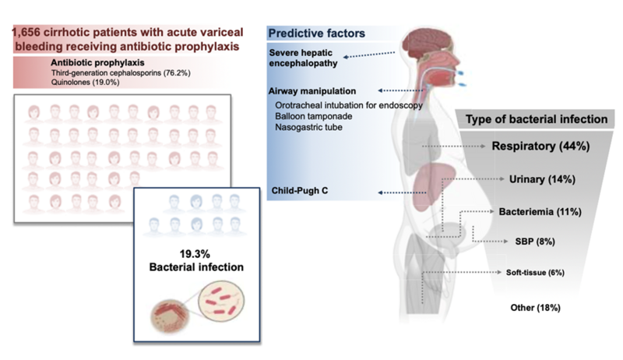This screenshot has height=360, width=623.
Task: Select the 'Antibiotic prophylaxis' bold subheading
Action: pyautogui.click(x=97, y=63)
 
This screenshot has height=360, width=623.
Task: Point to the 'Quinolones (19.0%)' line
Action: pyautogui.click(x=85, y=83)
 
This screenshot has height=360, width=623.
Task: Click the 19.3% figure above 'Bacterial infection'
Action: pyautogui.click(x=195, y=254)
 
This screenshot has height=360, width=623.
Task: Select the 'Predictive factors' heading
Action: pyautogui.click(x=317, y=34)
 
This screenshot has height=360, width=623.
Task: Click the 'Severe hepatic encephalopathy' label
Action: pyautogui.click(x=303, y=58)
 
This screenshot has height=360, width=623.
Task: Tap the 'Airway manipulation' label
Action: pyautogui.click(x=312, y=91)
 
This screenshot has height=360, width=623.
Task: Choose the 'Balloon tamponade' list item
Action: pyautogui.click(x=314, y=116)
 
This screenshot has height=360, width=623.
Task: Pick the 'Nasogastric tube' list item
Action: pyautogui.click(x=308, y=127)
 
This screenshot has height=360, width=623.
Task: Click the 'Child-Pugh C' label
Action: pyautogui.click(x=300, y=191)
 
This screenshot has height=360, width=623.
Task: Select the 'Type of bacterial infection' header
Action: pyautogui.click(x=537, y=119)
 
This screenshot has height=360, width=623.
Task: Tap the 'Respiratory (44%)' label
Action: pyautogui.click(x=540, y=146)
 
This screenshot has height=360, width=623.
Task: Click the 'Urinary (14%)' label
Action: pyautogui.click(x=542, y=179)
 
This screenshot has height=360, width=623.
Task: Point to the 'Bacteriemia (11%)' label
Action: pyautogui.click(x=540, y=212)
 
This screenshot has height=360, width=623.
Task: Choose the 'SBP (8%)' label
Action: pyautogui.click(x=535, y=242)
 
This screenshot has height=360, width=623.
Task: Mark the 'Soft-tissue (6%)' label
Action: pyautogui.click(x=535, y=273)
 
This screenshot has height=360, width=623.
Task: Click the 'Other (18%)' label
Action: pyautogui.click(x=535, y=308)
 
